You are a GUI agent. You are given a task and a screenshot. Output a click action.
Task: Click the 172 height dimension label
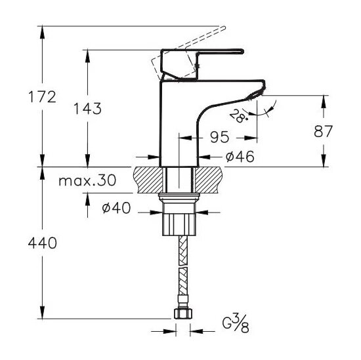[42, 97]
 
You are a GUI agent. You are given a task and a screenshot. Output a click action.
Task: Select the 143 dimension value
[87, 109]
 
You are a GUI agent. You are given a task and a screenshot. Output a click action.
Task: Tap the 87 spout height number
[323, 131]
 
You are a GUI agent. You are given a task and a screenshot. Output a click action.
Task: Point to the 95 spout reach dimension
[220, 137]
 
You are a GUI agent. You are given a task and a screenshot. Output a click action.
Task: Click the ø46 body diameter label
[240, 157]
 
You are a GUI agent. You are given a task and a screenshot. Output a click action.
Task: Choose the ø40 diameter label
[116, 208]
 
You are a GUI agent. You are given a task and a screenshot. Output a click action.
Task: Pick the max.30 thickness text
[87, 180]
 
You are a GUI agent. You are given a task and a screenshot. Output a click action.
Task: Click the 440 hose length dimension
[43, 243]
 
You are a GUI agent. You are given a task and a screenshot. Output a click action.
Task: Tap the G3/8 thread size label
[236, 324]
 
